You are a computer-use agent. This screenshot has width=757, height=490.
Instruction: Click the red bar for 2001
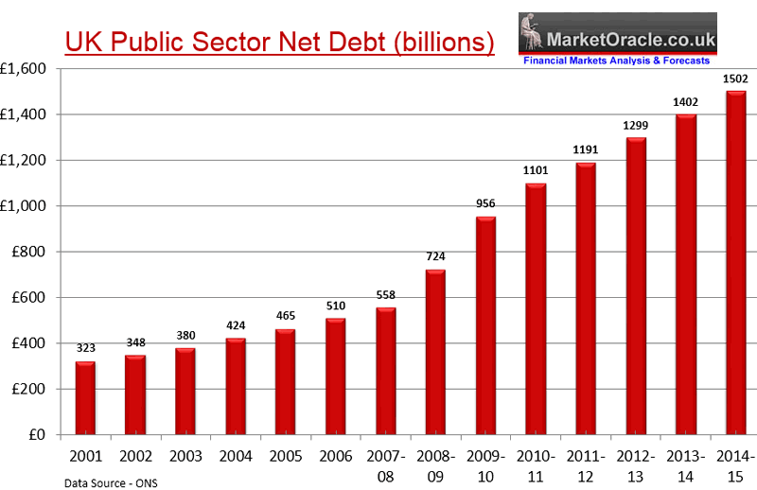click(85, 398)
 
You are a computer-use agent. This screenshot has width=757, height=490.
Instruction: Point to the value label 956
click(485, 203)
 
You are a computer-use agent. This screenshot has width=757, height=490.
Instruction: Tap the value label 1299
click(635, 125)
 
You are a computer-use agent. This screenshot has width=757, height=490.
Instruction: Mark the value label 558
click(385, 295)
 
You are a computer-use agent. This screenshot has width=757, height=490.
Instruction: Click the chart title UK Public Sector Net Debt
click(279, 43)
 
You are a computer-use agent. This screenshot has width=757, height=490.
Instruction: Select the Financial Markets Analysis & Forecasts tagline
click(616, 61)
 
